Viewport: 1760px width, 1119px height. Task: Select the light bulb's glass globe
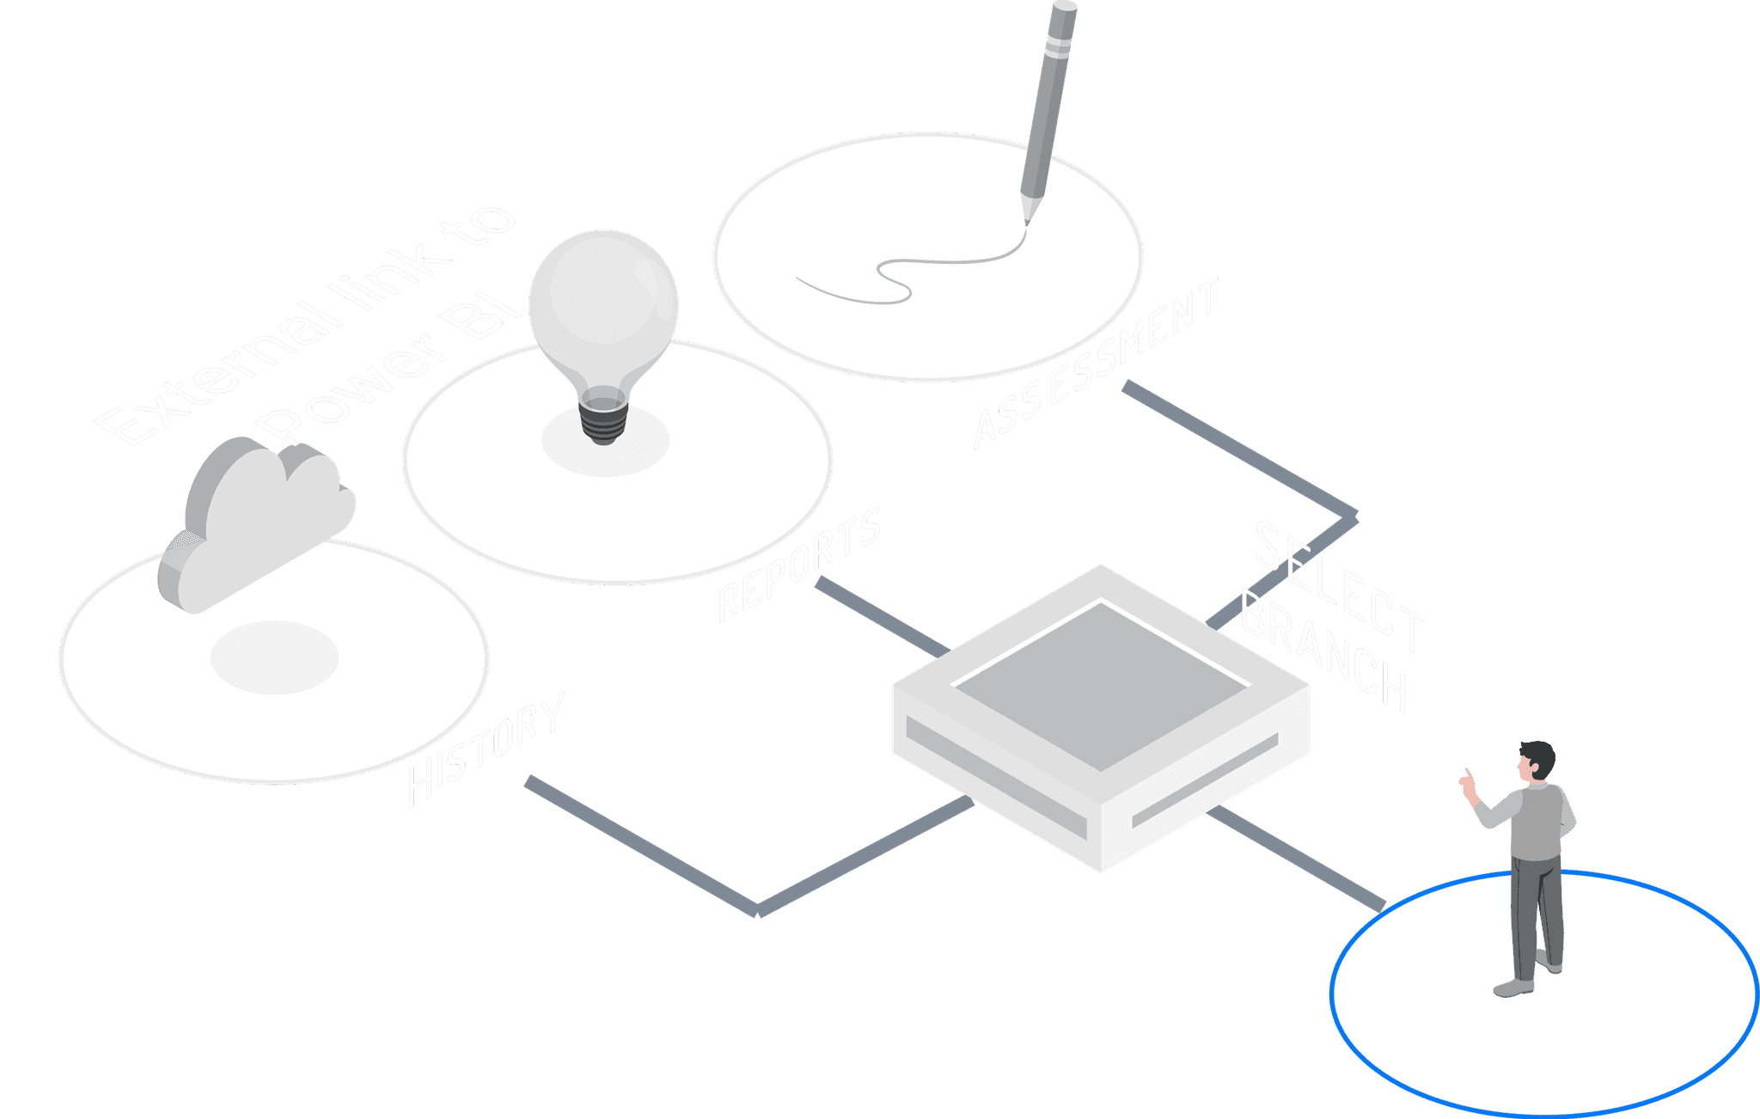coord(603,301)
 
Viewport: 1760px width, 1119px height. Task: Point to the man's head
coord(1536,761)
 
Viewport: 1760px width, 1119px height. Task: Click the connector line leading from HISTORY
coord(645,847)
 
